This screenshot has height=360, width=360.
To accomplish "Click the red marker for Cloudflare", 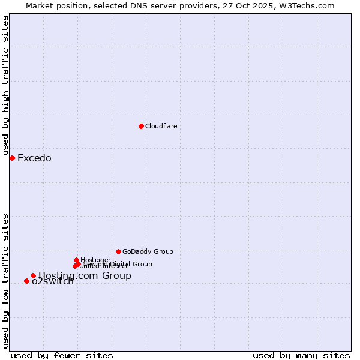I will click(141, 126).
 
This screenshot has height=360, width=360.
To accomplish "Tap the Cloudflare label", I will click(161, 126).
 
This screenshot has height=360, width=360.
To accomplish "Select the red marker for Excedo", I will click(12, 158).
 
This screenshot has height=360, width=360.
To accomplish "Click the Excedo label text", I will click(34, 158).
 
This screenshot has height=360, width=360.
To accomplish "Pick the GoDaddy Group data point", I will click(118, 251).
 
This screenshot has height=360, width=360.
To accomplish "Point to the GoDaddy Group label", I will click(148, 251).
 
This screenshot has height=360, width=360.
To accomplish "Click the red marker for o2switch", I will click(26, 281).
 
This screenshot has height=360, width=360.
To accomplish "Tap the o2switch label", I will click(53, 281).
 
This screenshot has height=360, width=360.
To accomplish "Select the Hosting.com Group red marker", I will click(33, 275).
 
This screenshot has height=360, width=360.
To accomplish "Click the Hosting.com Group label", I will click(85, 276).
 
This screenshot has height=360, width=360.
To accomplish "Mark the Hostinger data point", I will click(76, 260).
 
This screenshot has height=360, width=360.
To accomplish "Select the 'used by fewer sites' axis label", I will click(62, 355).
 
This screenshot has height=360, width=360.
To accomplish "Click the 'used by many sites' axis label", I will click(301, 355).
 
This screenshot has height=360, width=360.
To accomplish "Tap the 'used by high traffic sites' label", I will click(5, 86).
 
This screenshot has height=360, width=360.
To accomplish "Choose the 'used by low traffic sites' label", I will click(5, 280).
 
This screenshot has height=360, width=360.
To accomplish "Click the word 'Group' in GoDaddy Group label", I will click(163, 251).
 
